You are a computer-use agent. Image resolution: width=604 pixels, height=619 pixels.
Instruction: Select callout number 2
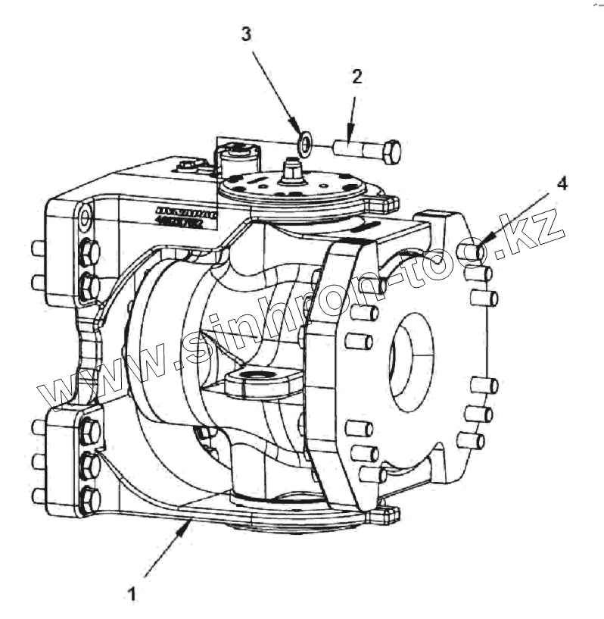pos(356,76)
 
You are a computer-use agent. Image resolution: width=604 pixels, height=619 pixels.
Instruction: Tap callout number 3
pos(245,34)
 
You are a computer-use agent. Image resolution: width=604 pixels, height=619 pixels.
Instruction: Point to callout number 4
pos(561,183)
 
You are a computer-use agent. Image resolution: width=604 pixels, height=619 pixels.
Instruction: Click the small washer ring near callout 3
pos(306,142)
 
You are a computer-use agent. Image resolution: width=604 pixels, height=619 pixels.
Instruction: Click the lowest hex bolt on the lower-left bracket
pos(90,498)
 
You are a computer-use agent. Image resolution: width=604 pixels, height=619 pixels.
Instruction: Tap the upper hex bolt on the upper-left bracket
pos(89,252)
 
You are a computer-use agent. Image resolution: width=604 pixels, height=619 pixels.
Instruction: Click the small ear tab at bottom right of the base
pos(386,516)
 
